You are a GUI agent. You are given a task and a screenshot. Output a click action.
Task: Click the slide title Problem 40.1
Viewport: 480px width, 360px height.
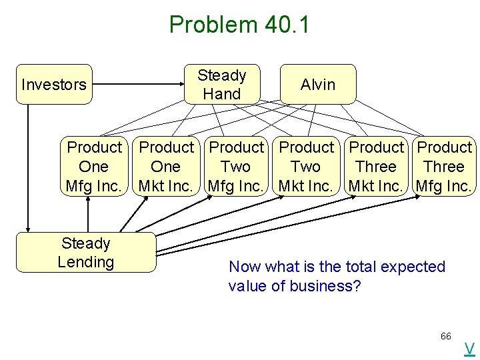coord(239,25)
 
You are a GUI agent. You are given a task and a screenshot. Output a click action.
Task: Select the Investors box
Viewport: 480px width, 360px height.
coord(54,85)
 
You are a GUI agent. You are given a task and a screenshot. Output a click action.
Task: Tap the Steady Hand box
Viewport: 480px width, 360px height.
coord(222,85)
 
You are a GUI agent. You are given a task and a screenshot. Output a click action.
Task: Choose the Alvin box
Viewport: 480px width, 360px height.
coord(318,85)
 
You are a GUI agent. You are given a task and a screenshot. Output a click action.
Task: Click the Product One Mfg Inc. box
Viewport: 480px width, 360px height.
coord(94,167)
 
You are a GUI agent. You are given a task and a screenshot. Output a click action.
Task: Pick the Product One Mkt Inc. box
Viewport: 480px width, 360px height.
coord(166,167)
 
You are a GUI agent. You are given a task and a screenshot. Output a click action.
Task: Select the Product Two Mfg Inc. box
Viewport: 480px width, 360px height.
coord(236,167)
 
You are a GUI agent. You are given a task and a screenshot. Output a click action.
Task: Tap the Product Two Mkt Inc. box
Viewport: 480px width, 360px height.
coord(306,167)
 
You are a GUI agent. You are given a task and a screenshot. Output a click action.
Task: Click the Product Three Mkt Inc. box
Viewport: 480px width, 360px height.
coord(376,167)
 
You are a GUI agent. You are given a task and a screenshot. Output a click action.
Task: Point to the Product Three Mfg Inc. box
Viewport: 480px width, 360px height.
coord(444,167)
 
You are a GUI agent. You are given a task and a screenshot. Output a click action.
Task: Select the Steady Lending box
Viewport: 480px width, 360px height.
coord(85,253)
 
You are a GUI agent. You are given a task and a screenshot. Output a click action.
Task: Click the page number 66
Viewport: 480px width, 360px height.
coord(446,336)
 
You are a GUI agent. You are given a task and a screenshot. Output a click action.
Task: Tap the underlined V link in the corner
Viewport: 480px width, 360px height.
coord(469,348)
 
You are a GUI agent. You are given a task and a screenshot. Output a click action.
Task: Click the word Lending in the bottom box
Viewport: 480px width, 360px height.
coord(85,262)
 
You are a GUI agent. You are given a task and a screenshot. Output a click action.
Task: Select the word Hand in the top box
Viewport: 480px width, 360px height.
coord(222,94)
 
